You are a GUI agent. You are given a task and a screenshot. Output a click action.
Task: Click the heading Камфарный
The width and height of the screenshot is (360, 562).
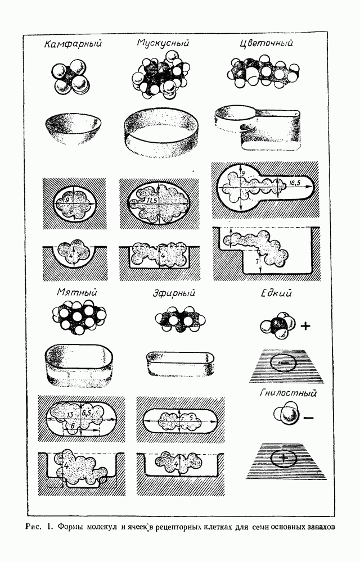point(73,44)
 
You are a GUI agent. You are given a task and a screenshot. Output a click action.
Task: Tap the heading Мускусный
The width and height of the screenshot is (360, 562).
point(163,43)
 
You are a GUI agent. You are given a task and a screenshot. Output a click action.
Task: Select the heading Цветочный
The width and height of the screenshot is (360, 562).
point(267,43)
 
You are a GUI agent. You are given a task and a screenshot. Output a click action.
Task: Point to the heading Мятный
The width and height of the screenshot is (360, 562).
point(76,292)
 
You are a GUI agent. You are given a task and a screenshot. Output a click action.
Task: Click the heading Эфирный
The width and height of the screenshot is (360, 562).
point(174,293)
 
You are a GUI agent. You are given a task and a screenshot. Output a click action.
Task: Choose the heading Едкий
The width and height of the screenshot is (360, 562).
point(276,293)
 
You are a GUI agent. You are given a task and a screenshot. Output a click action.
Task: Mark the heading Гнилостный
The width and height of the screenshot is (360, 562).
point(288,393)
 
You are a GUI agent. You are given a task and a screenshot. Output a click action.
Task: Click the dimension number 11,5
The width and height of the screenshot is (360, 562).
point(151,200)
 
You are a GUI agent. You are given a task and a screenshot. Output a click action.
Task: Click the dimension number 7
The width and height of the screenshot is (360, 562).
point(257,262)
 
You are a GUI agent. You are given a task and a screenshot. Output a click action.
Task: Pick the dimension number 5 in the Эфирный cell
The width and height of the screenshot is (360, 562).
point(191,417)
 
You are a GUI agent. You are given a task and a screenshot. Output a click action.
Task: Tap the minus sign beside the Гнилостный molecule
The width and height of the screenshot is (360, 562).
point(308,418)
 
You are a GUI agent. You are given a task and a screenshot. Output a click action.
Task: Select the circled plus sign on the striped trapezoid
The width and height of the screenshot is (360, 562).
point(284,458)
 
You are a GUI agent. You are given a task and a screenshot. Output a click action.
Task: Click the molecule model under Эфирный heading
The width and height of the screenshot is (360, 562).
point(181,319)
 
